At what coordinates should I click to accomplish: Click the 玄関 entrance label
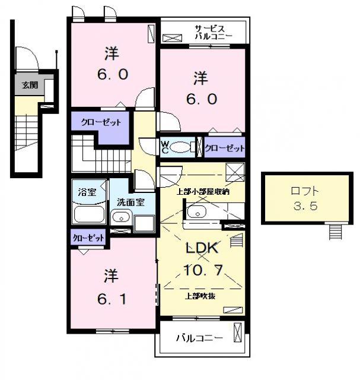click(30, 85)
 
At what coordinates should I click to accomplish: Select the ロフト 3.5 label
click(305, 198)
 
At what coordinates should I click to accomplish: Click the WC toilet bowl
click(180, 147)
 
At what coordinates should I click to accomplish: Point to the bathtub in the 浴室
click(90, 214)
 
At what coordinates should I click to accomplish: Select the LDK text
click(202, 248)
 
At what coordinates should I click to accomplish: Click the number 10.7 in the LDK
click(203, 270)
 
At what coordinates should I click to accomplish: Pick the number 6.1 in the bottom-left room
click(112, 299)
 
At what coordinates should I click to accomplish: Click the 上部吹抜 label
click(200, 296)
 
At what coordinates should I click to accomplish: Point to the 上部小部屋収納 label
click(203, 192)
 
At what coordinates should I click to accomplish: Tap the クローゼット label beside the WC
click(225, 148)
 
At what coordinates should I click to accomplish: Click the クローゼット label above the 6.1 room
click(88, 238)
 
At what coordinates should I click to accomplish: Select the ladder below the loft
click(335, 232)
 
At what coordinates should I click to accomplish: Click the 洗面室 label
click(130, 202)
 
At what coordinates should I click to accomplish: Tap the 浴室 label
click(87, 192)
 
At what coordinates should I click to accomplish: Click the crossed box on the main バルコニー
click(237, 332)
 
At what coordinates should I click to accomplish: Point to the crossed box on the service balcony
click(172, 38)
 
